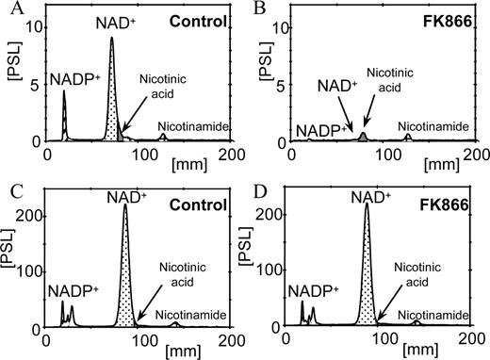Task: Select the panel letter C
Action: pyautogui.click(x=9, y=189)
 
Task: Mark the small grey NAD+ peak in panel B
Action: pyautogui.click(x=364, y=138)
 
